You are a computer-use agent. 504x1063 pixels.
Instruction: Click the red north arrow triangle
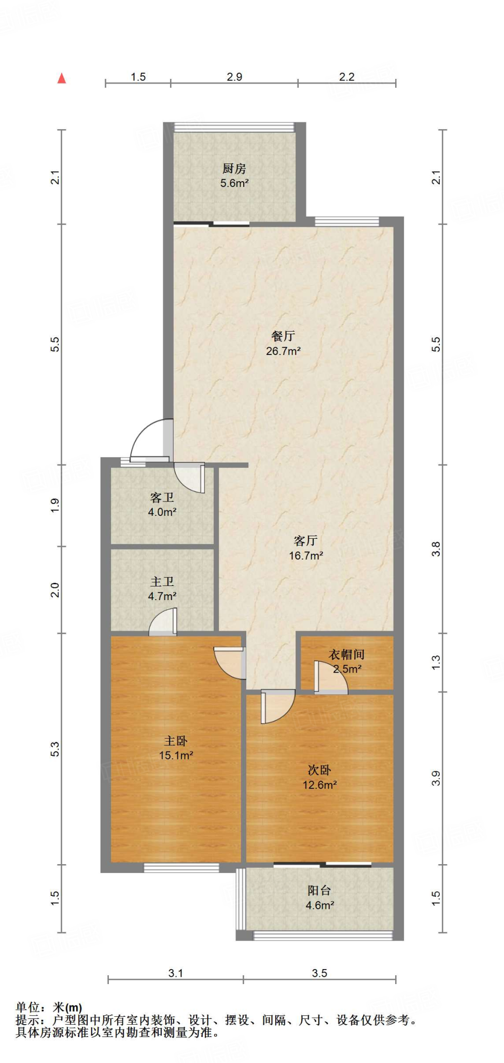(62, 78)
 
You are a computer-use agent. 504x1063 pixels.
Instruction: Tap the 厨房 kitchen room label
(234, 169)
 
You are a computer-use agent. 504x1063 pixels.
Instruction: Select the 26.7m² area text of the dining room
(283, 351)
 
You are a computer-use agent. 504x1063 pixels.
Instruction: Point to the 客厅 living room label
(306, 541)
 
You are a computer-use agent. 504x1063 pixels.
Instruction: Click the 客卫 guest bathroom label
(162, 498)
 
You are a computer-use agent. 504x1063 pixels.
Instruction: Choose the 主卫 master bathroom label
(162, 582)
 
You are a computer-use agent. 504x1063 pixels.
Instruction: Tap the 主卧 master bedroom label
(176, 741)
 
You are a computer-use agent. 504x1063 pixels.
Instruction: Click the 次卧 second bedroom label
(319, 770)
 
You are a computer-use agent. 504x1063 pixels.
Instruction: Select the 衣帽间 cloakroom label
(346, 655)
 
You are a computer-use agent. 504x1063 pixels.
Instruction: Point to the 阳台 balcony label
(319, 891)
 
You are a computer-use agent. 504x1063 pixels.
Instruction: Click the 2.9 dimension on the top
(234, 77)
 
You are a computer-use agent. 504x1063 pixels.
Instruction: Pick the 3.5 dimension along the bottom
(319, 973)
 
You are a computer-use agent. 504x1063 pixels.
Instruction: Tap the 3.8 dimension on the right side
(436, 549)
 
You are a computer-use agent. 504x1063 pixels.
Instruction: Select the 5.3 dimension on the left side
(55, 749)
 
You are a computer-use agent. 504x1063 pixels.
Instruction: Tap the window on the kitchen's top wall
(234, 127)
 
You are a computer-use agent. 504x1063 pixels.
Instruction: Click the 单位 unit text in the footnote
(28, 1007)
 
